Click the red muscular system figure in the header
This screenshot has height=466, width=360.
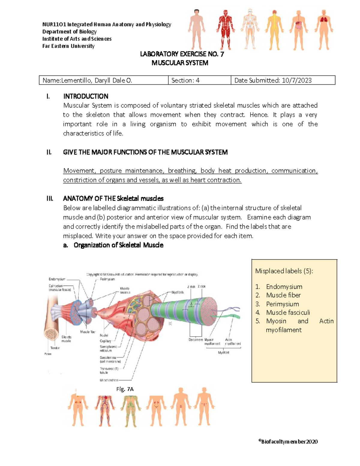225,29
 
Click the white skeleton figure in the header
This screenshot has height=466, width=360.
250,29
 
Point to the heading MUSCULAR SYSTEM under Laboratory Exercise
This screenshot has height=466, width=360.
180,63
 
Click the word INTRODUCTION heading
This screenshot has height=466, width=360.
85,96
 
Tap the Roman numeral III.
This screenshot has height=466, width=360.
50,199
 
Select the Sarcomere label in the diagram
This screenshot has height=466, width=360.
196,340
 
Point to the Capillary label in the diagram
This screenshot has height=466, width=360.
106,341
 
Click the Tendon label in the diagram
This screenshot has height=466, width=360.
55,348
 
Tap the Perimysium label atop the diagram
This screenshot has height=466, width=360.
107,279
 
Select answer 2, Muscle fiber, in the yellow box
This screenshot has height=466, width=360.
283,295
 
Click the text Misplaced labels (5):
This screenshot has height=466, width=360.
284,271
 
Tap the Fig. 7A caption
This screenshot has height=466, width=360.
125,389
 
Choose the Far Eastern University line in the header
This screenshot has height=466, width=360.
68,46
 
